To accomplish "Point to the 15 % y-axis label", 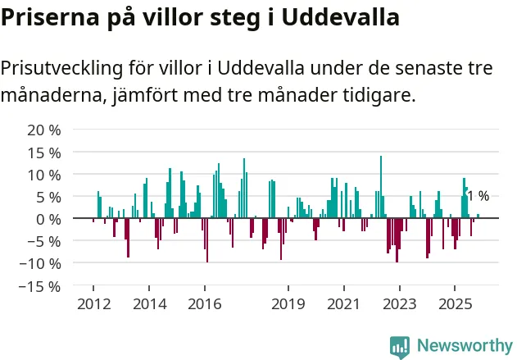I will [45, 153].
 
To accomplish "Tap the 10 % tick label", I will [45, 175].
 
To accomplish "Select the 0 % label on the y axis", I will [49, 219].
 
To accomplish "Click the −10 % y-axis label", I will [42, 264].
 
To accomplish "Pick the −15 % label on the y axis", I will [42, 286].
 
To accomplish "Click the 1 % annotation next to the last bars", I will [478, 196].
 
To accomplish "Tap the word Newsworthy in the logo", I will [465, 346].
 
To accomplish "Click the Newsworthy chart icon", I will [400, 346].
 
